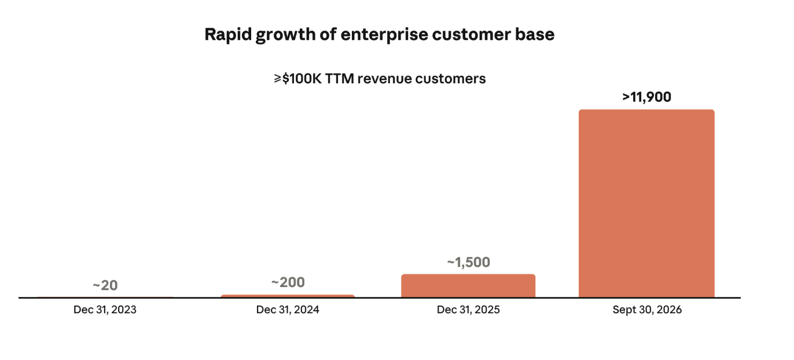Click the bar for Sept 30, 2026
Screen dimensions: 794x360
tap(646, 203)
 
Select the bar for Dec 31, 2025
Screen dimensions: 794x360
tap(468, 285)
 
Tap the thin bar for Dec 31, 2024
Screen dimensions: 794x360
tap(288, 296)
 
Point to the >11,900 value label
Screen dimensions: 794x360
tap(646, 97)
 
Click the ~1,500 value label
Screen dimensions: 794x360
tap(468, 262)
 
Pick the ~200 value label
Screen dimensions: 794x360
tap(288, 282)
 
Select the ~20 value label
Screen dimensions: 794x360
tap(105, 285)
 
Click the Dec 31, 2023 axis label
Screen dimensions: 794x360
tap(105, 310)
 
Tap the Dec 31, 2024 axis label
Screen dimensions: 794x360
tap(288, 310)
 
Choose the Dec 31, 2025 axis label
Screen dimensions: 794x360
tap(468, 310)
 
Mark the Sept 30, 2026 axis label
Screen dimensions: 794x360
tap(647, 310)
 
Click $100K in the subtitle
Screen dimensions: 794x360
tap(302, 79)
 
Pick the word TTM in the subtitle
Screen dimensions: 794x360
tap(339, 79)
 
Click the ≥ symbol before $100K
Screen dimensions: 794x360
tap(277, 79)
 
